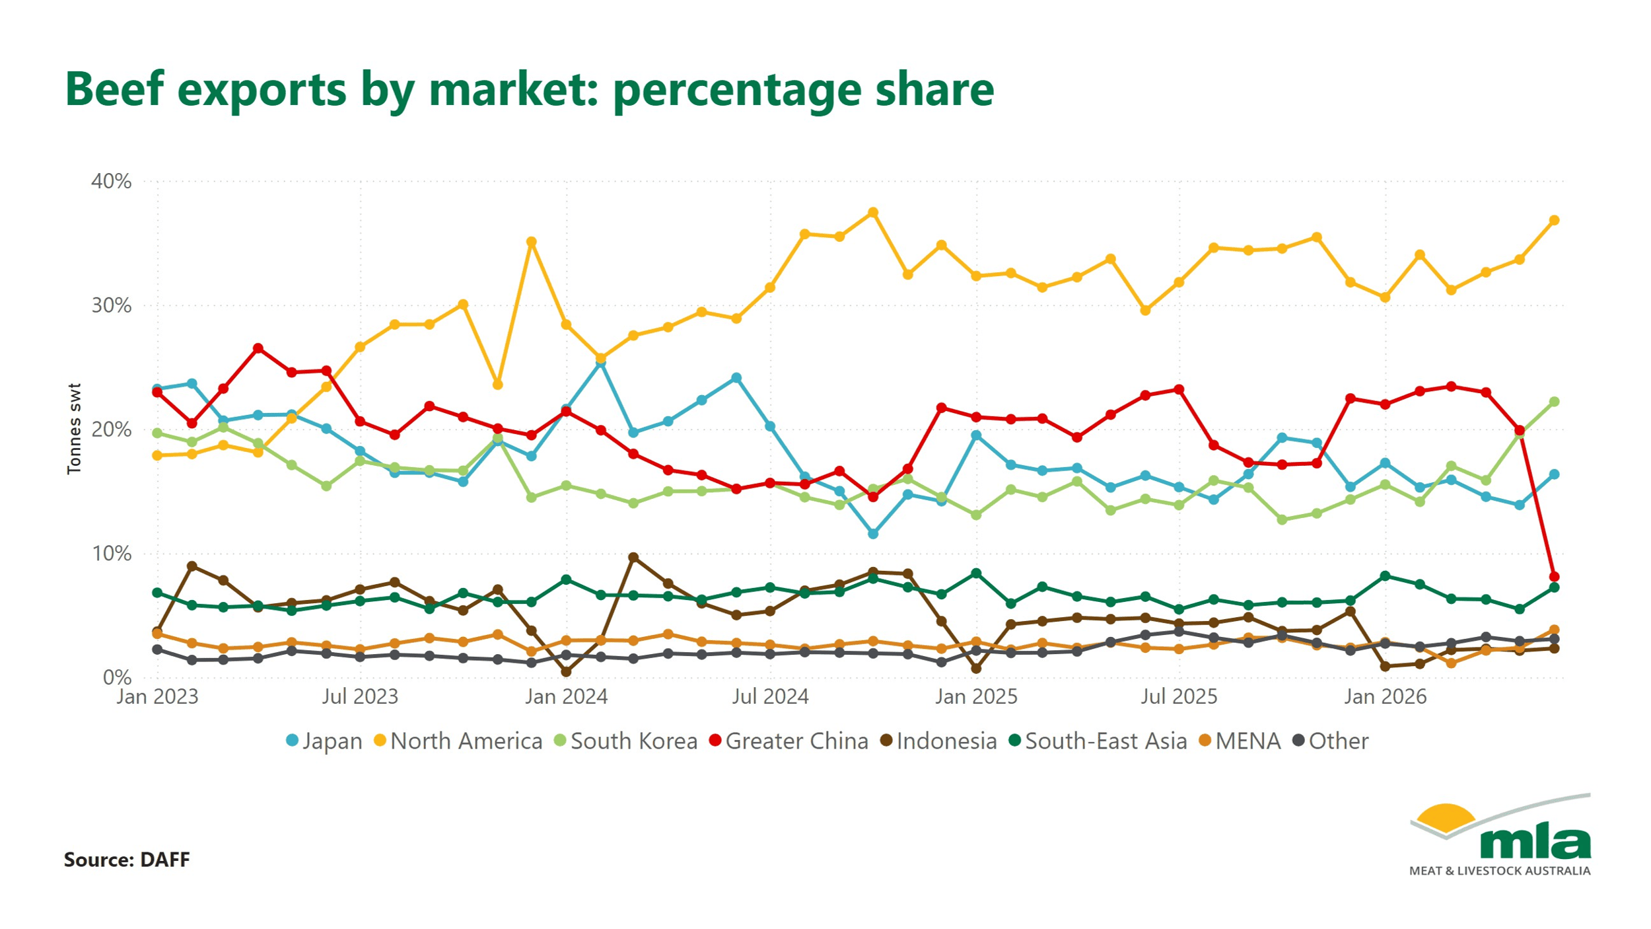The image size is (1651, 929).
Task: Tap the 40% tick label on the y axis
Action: click(x=112, y=181)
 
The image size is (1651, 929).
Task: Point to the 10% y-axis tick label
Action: click(x=112, y=554)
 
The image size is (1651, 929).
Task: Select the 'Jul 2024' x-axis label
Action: click(x=770, y=696)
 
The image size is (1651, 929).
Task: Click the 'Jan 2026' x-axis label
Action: click(x=1386, y=696)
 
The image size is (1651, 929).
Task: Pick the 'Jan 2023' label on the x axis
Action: click(x=157, y=696)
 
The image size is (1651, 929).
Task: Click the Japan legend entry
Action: click(x=324, y=741)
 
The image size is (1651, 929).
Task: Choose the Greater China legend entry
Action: click(x=789, y=741)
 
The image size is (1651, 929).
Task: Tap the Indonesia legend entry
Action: click(x=938, y=741)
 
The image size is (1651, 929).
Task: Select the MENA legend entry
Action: click(x=1240, y=741)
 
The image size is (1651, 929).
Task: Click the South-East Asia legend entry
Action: click(x=1098, y=741)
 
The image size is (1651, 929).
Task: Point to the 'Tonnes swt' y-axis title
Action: click(x=74, y=429)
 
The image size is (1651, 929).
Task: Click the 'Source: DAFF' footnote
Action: click(x=127, y=860)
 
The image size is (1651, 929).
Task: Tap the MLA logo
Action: click(x=1500, y=835)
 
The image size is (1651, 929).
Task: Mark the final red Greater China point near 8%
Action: click(x=1554, y=577)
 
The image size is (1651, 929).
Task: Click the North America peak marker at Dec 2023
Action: click(x=531, y=242)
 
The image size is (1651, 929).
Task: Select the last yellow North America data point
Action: click(x=1554, y=220)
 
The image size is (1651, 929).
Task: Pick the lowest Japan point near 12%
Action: click(x=873, y=533)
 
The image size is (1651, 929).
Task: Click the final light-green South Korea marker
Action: click(x=1554, y=402)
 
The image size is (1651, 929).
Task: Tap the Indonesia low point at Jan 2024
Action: click(x=566, y=672)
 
